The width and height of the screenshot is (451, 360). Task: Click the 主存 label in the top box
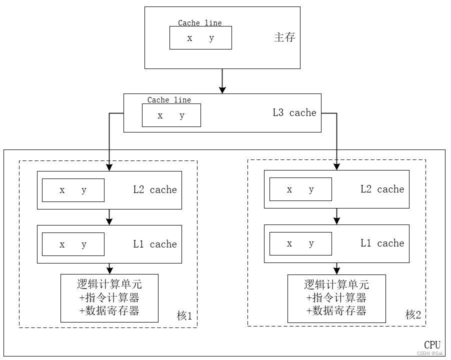[x=284, y=37]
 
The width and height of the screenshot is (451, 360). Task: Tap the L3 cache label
[x=294, y=113]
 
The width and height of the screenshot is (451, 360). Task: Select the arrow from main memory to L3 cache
[x=222, y=81]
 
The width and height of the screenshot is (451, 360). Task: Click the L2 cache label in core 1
[x=154, y=190]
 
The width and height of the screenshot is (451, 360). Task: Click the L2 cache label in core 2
[x=382, y=189]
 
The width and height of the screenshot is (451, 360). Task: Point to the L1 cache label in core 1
[x=154, y=244]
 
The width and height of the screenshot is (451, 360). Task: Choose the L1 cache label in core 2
[x=382, y=243]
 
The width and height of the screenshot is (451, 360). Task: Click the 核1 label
[x=184, y=316]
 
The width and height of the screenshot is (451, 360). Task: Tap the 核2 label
[x=413, y=315]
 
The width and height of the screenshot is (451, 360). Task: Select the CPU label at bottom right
[x=432, y=345]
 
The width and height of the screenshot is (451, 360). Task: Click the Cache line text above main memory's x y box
[x=199, y=23]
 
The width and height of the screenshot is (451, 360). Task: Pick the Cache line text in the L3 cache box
[x=169, y=100]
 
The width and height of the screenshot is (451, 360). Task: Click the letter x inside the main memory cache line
[x=189, y=38]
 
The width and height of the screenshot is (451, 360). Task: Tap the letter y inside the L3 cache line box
[x=182, y=115]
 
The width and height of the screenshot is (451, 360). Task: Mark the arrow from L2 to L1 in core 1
[x=109, y=217]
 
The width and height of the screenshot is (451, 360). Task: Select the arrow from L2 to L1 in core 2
[x=336, y=216]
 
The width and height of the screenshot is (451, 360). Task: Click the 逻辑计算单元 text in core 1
[x=109, y=284]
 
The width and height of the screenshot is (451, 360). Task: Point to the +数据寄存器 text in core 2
[x=336, y=311]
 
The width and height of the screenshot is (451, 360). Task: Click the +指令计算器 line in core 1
[x=109, y=298]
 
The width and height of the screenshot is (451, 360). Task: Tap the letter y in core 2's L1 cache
[x=311, y=244]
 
